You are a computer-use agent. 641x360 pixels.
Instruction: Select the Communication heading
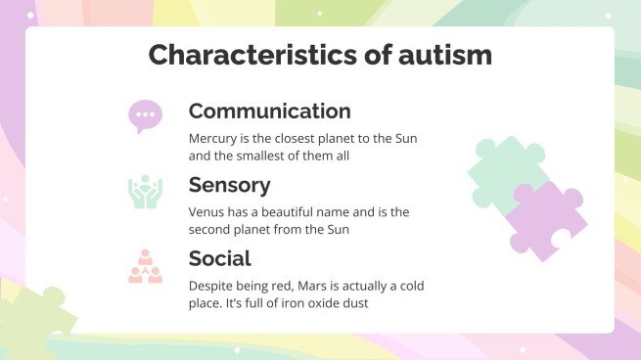click(x=269, y=111)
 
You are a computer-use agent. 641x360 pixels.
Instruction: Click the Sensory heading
click(x=229, y=185)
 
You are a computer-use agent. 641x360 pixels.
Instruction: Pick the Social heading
click(x=219, y=258)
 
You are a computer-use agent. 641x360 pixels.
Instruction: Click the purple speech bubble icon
click(x=145, y=115)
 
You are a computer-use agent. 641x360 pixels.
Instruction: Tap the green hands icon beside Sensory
click(x=144, y=192)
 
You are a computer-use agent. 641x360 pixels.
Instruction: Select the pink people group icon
click(x=144, y=265)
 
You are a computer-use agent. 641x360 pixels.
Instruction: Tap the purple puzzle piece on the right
click(x=548, y=220)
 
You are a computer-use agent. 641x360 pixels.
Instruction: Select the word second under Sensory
click(x=212, y=229)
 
